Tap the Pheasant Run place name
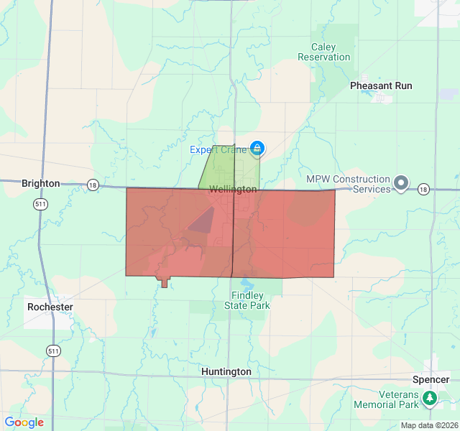point(381,85)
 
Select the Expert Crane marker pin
point(257,149)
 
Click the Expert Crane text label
point(218,149)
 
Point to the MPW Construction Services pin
point(401,184)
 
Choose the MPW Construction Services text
point(348,184)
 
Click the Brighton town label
point(41,183)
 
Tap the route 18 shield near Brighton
point(92,185)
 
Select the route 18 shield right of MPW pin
point(423,189)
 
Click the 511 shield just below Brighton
point(41,205)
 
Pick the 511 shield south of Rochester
point(53,351)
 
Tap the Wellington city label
point(233,189)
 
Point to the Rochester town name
point(50,307)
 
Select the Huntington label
point(226,371)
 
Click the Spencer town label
point(431,379)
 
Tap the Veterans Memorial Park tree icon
point(430,397)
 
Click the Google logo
point(24,422)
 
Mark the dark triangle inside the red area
point(203,221)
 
